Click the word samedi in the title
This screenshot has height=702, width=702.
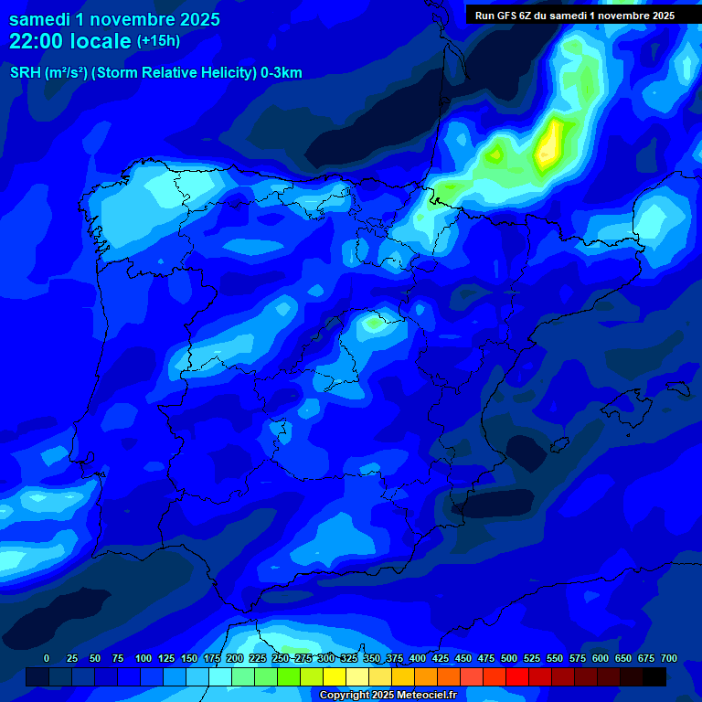click(x=39, y=19)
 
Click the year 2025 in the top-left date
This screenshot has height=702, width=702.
click(x=194, y=19)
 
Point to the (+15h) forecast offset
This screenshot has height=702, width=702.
click(x=158, y=41)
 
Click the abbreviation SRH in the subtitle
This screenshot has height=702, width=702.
click(x=25, y=73)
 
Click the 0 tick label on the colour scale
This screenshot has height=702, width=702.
click(x=47, y=658)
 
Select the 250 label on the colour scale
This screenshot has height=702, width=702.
click(x=281, y=658)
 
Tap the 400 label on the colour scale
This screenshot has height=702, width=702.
click(x=418, y=658)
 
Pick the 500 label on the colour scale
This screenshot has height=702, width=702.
click(x=509, y=658)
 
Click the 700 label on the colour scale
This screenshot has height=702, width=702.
click(x=668, y=658)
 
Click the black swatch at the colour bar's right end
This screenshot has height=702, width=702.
click(x=654, y=676)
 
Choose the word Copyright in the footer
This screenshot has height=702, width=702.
click(x=345, y=696)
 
